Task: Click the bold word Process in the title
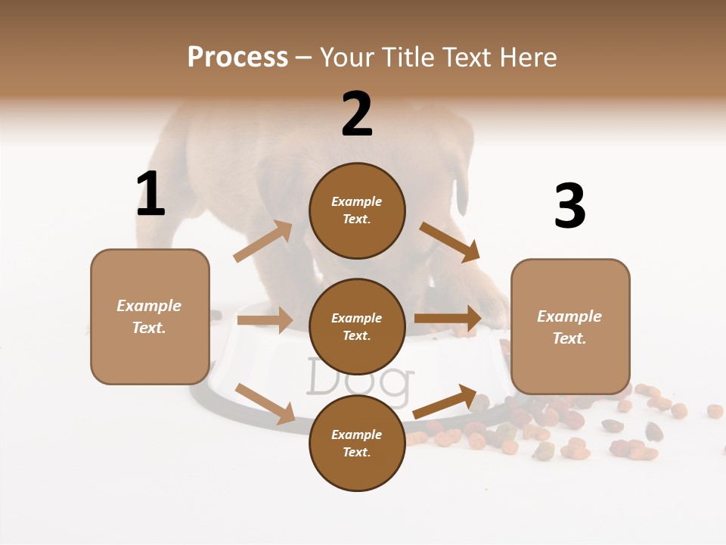click(237, 57)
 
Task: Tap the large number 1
click(150, 194)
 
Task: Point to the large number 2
click(357, 114)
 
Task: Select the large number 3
click(569, 207)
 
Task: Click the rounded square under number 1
click(150, 316)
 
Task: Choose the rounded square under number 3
click(570, 327)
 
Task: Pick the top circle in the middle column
click(357, 210)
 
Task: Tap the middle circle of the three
click(357, 326)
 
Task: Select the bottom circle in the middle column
click(357, 443)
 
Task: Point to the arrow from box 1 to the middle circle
click(265, 320)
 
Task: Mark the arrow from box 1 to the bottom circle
click(265, 403)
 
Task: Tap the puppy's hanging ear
click(461, 190)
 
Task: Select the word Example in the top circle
click(357, 201)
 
